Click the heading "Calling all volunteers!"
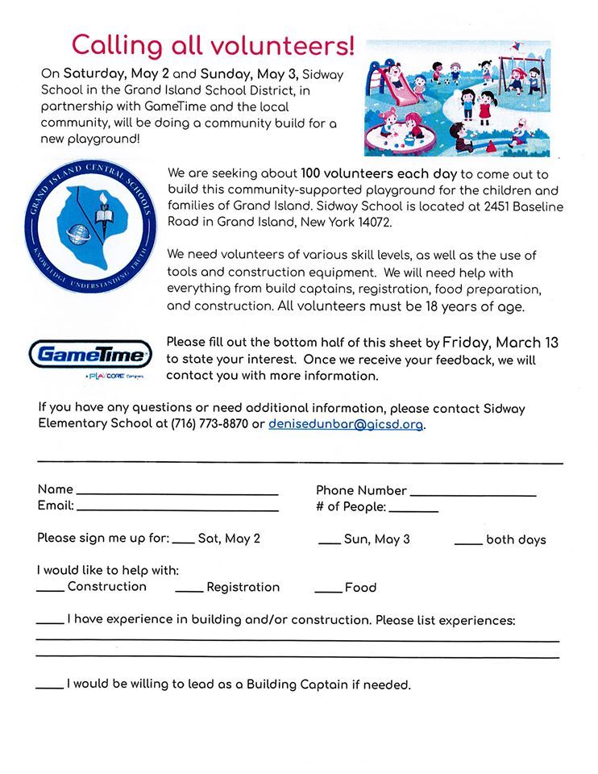(x=213, y=45)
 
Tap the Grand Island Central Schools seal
(x=88, y=229)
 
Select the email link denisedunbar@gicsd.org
(x=346, y=424)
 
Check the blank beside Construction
(x=50, y=591)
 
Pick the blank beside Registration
(x=189, y=591)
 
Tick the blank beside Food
(x=328, y=591)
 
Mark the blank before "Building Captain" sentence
(x=50, y=688)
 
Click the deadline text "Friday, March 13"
(x=500, y=343)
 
